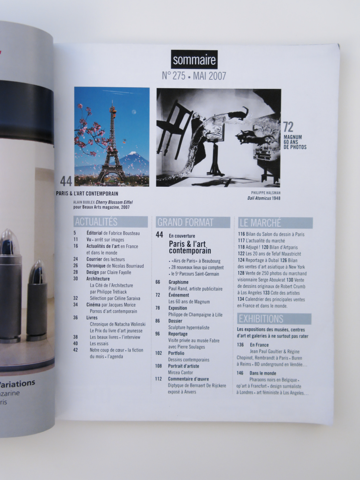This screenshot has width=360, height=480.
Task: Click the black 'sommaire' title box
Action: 194,59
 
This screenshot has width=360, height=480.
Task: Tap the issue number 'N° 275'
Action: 174,76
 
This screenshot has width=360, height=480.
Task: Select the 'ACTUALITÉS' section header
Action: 111,222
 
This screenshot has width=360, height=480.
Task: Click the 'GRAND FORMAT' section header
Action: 193,222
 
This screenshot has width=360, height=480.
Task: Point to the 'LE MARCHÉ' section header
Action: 275,223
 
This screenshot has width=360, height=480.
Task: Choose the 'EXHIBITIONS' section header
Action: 274,319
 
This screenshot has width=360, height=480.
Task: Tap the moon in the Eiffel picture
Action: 134,112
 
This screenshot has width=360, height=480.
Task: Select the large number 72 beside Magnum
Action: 288,127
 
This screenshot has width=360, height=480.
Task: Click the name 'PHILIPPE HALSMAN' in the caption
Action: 266,193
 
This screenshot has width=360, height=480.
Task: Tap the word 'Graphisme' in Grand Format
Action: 179,282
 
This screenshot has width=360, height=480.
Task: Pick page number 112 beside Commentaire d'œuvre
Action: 158,379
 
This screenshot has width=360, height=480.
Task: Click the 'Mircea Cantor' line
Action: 180,372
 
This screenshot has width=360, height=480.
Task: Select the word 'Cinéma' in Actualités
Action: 93,305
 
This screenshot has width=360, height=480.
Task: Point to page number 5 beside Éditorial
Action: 75,233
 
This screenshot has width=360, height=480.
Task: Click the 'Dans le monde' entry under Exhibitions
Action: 263,373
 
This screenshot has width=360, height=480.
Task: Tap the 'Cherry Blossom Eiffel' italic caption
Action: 114,202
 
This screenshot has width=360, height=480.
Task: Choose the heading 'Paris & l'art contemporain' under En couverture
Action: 190,247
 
